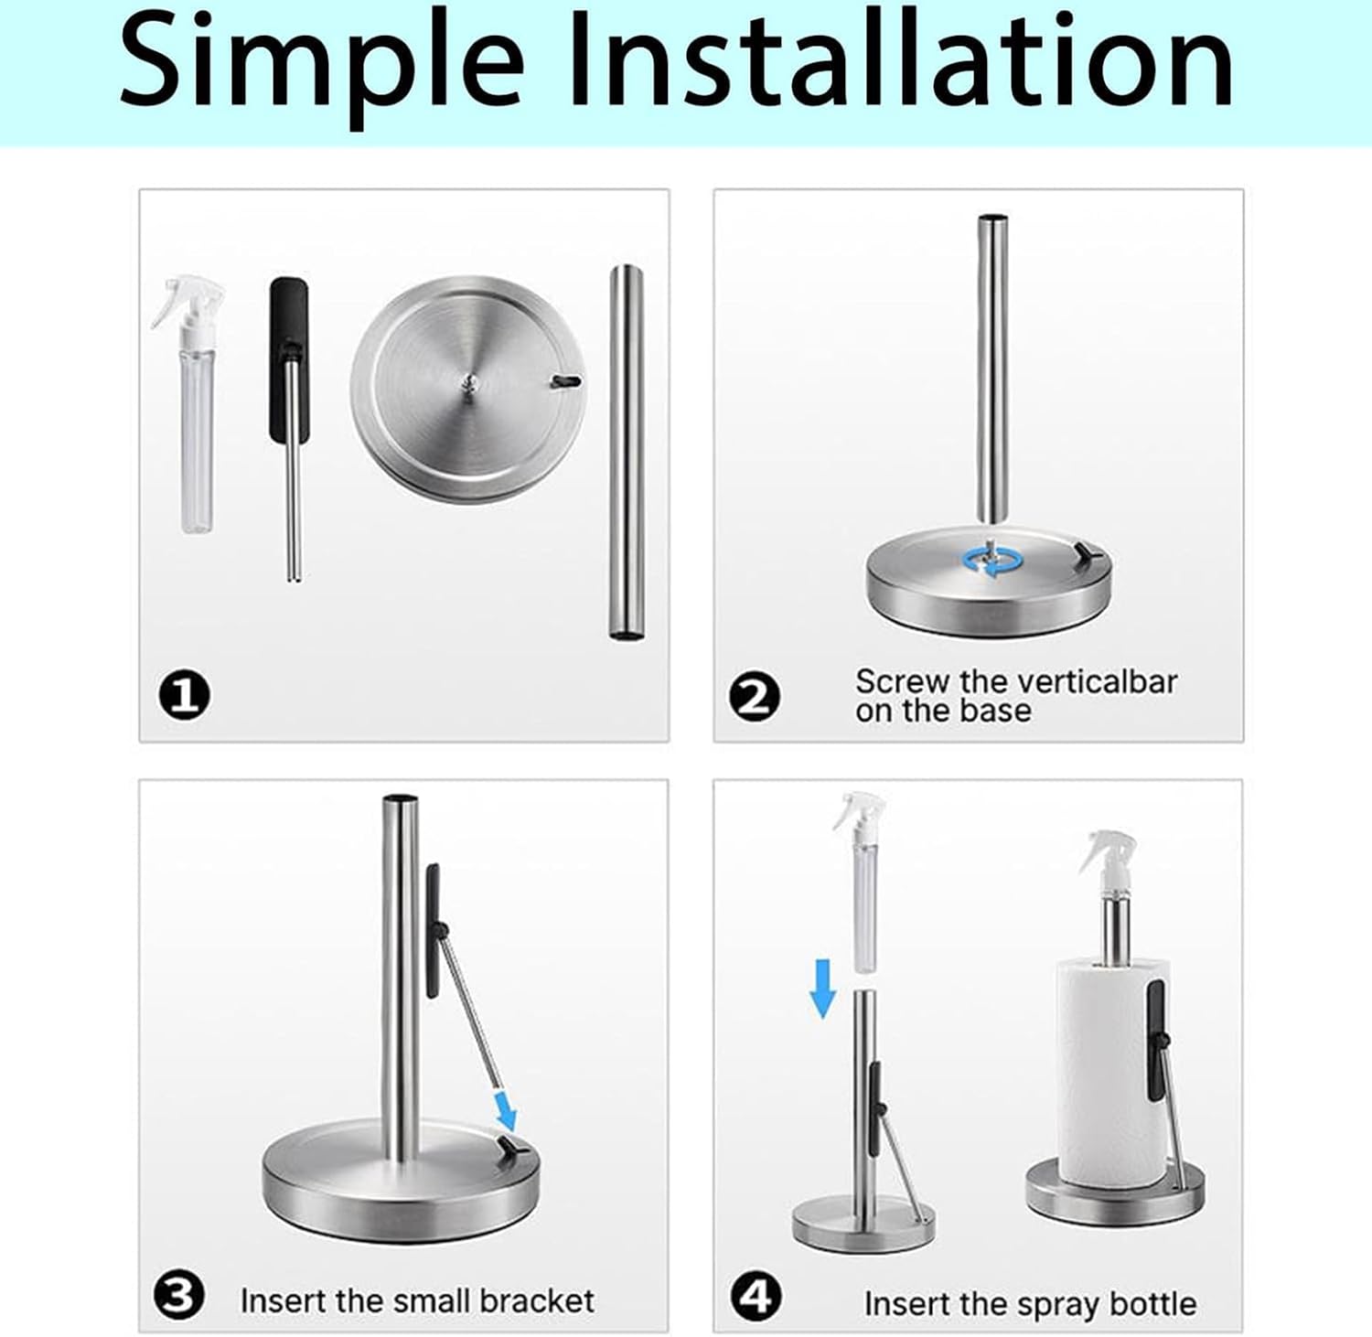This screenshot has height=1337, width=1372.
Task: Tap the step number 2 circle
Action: [755, 699]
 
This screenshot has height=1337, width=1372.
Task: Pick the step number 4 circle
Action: [756, 1296]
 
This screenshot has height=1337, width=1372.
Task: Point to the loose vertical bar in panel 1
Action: [626, 453]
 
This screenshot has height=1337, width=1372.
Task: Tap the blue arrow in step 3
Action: [504, 1108]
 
